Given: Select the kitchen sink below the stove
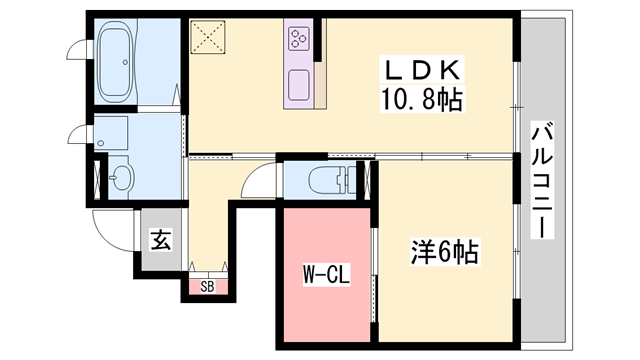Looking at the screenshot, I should tap(299, 84).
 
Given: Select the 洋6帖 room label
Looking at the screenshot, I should tap(444, 252).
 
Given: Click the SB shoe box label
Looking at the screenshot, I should tap(207, 287).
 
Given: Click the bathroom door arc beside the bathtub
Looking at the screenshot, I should tap(78, 48).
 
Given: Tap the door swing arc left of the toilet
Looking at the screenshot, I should tap(257, 182).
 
